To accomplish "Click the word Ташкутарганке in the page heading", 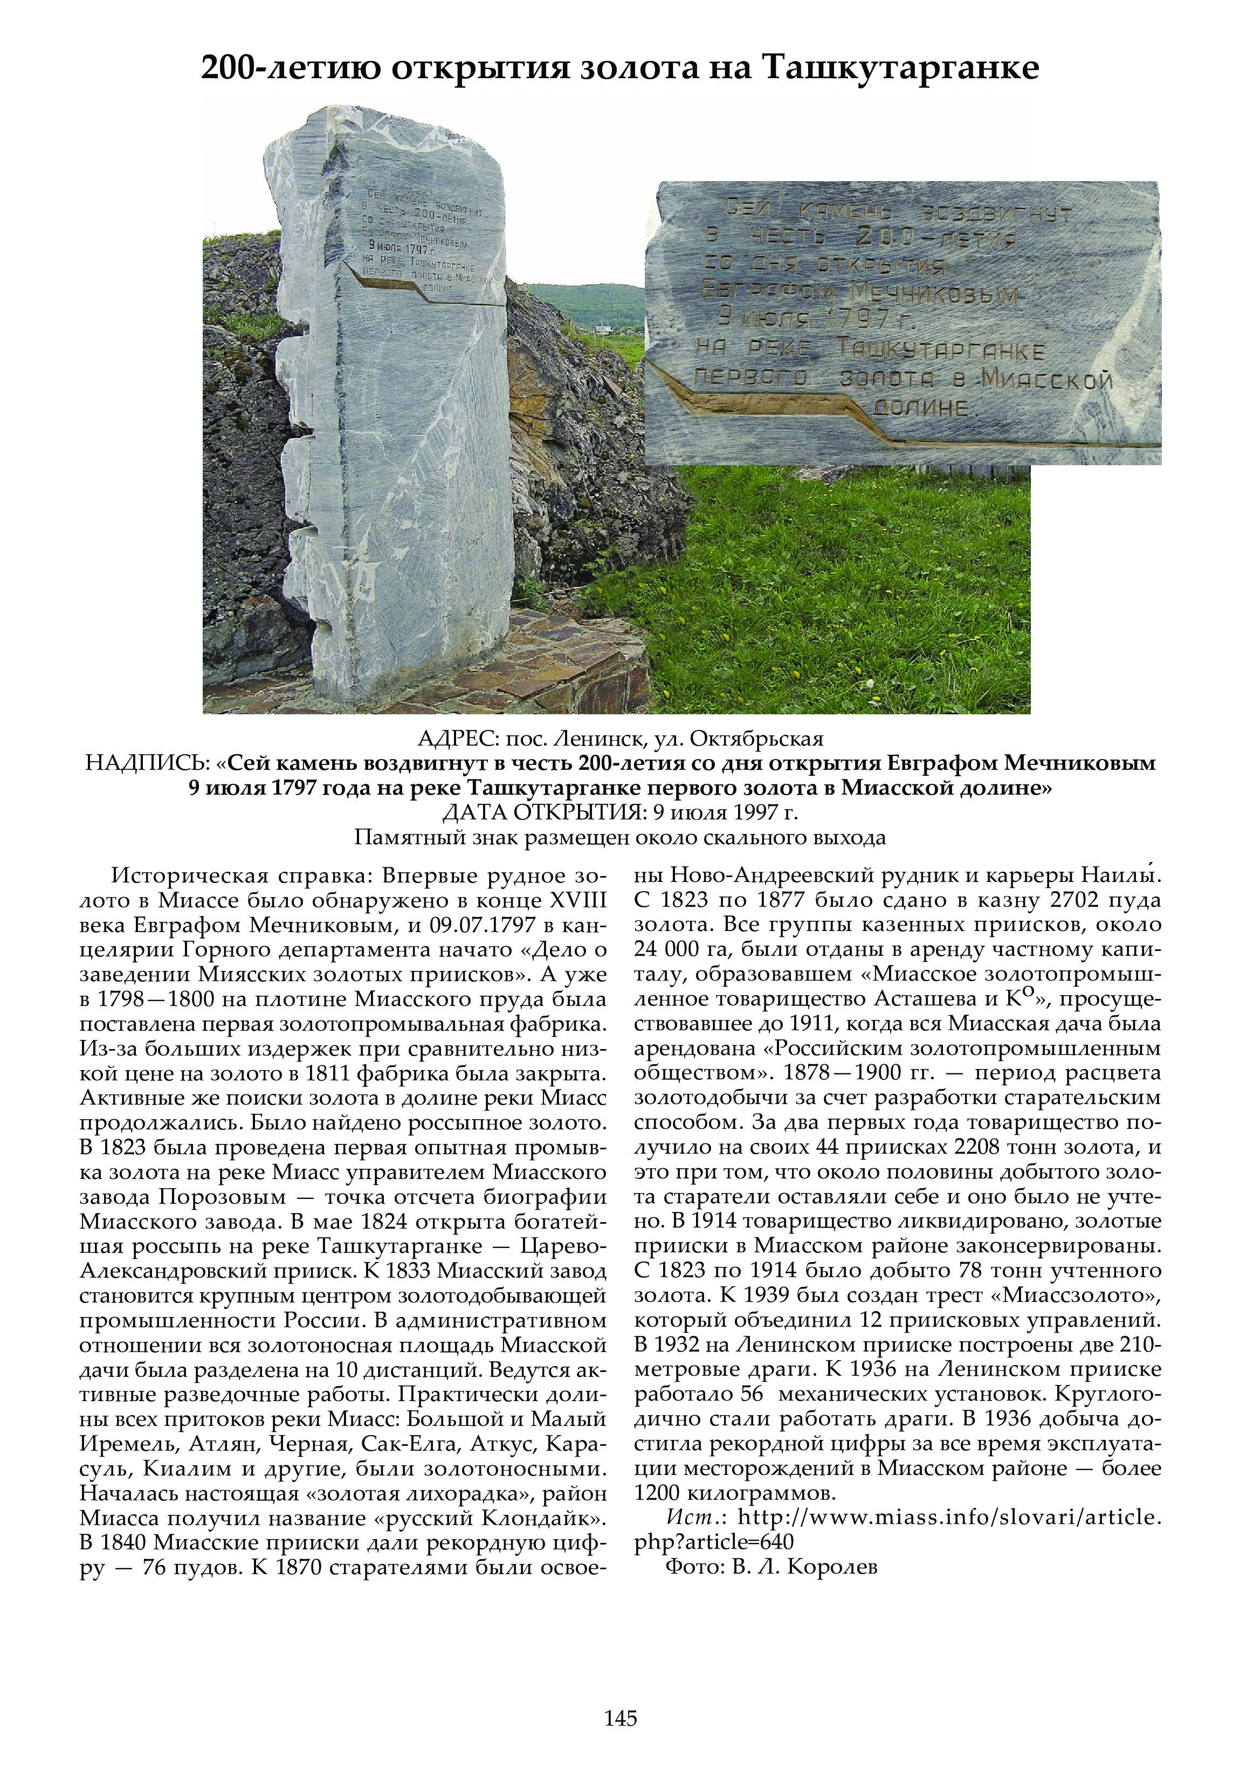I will click(900, 68).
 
